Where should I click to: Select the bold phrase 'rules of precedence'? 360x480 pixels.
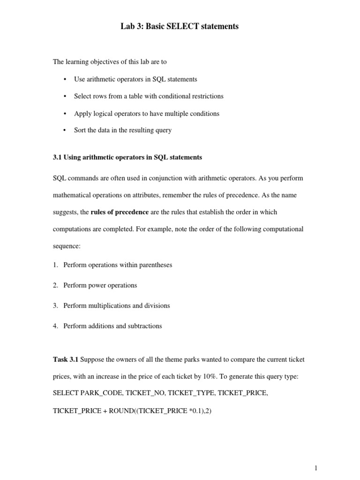pos(120,212)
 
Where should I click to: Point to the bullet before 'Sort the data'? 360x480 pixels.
pos(64,130)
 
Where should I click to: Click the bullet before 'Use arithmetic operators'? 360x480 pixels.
pos(64,79)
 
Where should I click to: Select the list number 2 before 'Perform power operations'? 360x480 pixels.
pos(55,285)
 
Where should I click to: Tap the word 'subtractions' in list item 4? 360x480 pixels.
pos(144,326)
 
